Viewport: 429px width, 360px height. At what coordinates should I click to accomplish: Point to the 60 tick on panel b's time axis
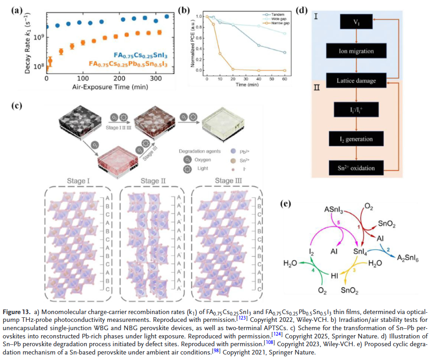(285, 79)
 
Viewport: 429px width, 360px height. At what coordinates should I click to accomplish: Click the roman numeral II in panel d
(317, 88)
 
